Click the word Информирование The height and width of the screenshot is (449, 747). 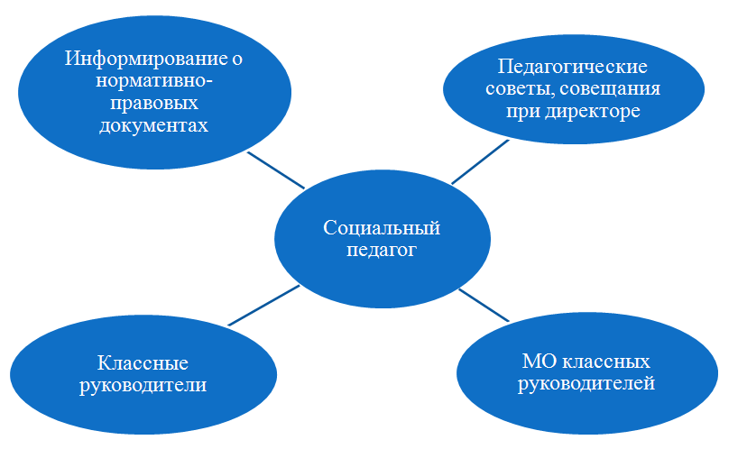tap(145, 59)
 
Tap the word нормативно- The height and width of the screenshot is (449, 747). tap(154, 81)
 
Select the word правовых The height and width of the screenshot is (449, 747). tap(154, 104)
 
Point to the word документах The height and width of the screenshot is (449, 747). tap(154, 125)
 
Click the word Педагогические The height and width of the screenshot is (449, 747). tap(573, 67)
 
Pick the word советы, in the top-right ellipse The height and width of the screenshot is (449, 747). tap(520, 89)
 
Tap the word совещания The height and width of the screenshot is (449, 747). tap(610, 90)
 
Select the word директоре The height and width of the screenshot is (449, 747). tap(593, 112)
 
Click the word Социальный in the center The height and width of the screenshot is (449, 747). tap(382, 228)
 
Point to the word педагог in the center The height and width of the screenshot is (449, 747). tap(382, 250)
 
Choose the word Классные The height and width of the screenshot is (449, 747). tap(143, 362)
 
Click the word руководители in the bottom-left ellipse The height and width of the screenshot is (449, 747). tap(143, 385)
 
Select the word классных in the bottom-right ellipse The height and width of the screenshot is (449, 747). tap(606, 362)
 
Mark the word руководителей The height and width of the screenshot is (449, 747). tap(586, 383)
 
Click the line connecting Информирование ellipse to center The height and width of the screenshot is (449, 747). tap(276, 170)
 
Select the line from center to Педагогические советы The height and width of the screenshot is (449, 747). tap(480, 162)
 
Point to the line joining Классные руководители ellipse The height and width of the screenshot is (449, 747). tap(263, 306)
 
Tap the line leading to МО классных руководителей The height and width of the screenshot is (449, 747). tap(484, 306)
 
